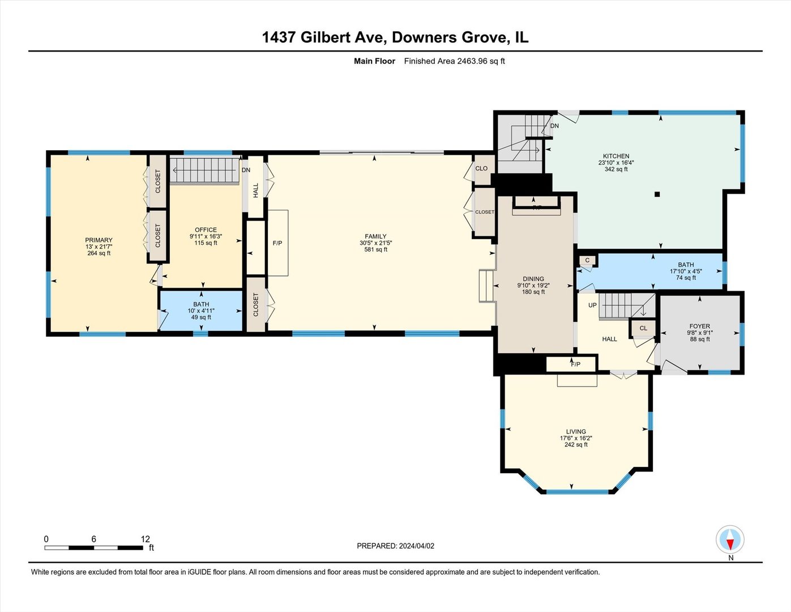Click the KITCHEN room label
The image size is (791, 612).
pos(616,156)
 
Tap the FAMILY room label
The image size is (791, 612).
pos(375,236)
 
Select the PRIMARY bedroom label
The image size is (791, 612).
pos(99,240)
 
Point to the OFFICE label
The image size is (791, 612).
pos(206,230)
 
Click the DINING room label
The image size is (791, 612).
pos(533,279)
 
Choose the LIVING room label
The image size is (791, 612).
pos(576,432)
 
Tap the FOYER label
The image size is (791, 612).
pos(700,326)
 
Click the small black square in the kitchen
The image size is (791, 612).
pos(657,194)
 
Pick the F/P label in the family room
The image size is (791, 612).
pos(277,243)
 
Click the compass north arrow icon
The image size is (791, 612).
pos(730,539)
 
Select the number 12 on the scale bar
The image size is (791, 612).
pos(145,539)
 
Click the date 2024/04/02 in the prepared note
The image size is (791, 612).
pos(417,546)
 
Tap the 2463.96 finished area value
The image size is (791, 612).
pos(472,61)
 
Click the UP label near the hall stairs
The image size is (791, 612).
pos(592,305)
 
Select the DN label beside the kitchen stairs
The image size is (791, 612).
pos(554,126)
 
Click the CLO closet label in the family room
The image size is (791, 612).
pos(481,168)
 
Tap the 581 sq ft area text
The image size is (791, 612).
pos(375,249)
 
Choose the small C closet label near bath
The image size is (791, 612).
pos(587,261)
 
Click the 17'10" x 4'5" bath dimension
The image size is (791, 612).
pos(686,271)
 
